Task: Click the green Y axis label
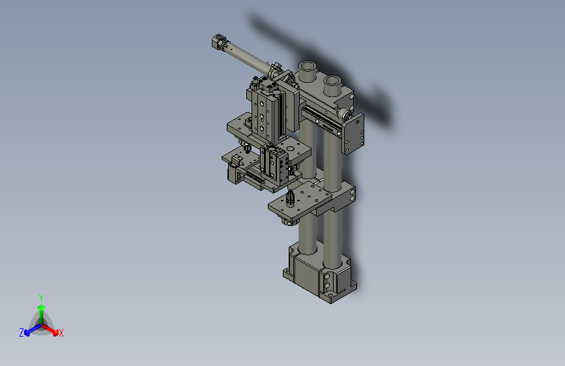(40, 297)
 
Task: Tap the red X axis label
(61, 333)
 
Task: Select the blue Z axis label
(22, 333)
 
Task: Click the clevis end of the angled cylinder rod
(218, 43)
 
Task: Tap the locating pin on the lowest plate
(290, 197)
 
